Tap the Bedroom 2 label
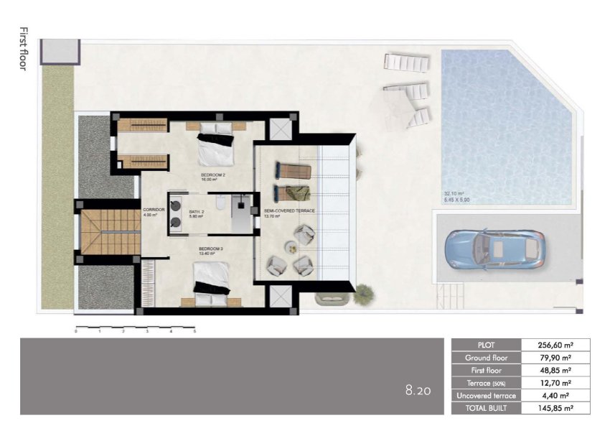point(213,175)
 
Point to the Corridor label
point(154,209)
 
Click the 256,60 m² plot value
point(555,345)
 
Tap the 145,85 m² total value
point(555,408)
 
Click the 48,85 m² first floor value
point(555,371)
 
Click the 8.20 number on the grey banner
point(417,391)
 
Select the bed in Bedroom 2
point(216,144)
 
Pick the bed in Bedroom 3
point(211,281)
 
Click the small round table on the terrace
point(292,248)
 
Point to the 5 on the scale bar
point(194,333)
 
